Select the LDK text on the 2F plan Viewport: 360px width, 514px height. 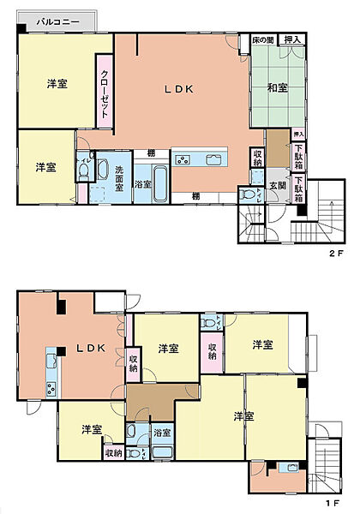[179, 89]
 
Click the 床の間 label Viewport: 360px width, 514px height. [263, 40]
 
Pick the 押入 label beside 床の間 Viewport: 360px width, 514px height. [292, 40]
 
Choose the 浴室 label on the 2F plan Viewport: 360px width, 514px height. [144, 183]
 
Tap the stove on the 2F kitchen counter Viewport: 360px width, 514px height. [184, 159]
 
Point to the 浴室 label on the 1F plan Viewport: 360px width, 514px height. [162, 433]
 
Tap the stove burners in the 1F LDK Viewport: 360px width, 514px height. [51, 388]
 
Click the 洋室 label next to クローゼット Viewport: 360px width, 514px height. [58, 84]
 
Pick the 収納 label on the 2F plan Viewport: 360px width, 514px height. [258, 158]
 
